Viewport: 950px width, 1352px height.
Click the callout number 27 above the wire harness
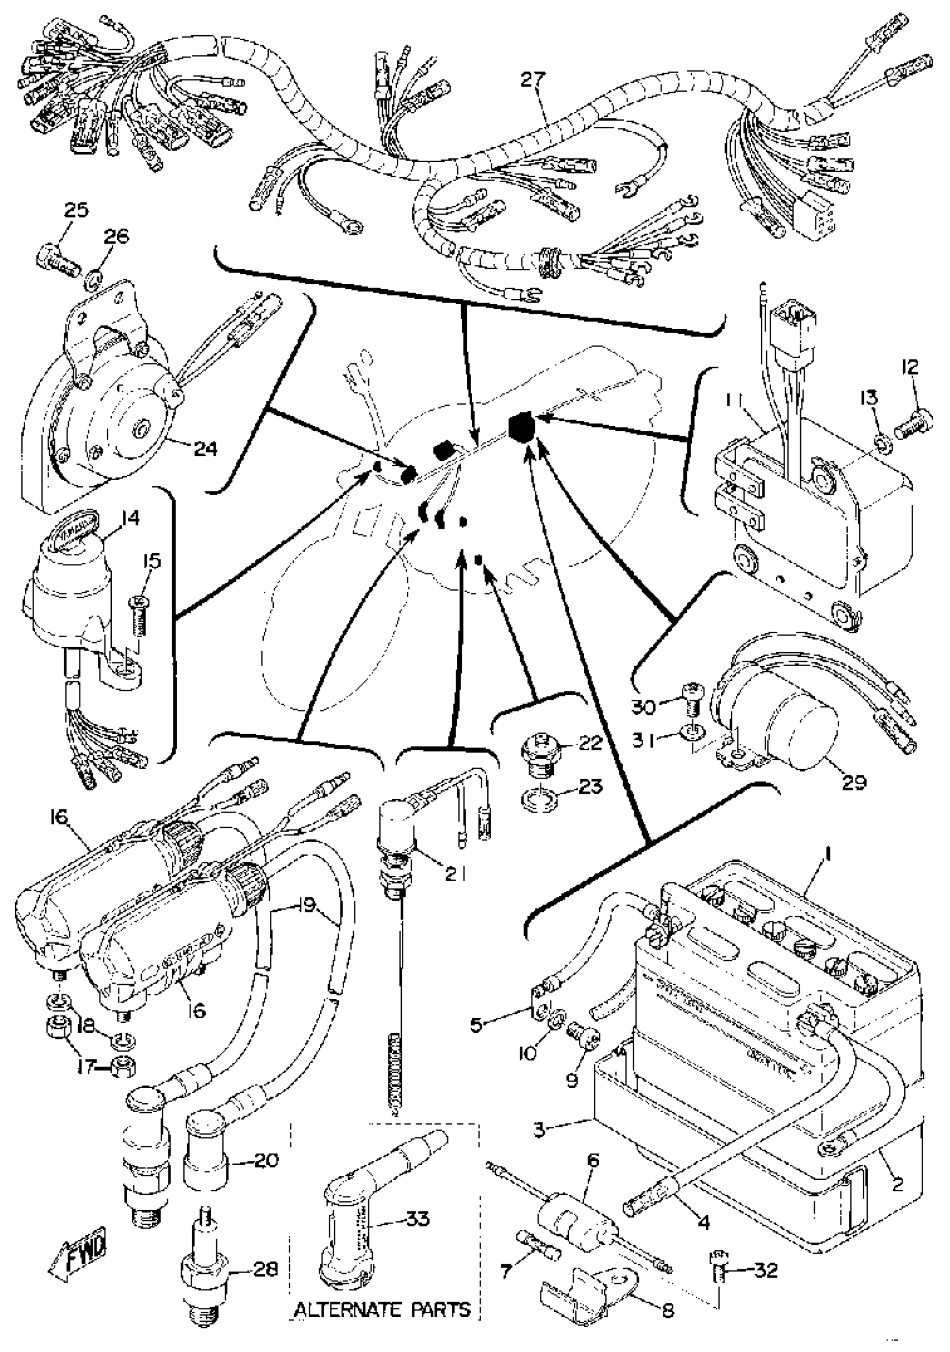point(533,79)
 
